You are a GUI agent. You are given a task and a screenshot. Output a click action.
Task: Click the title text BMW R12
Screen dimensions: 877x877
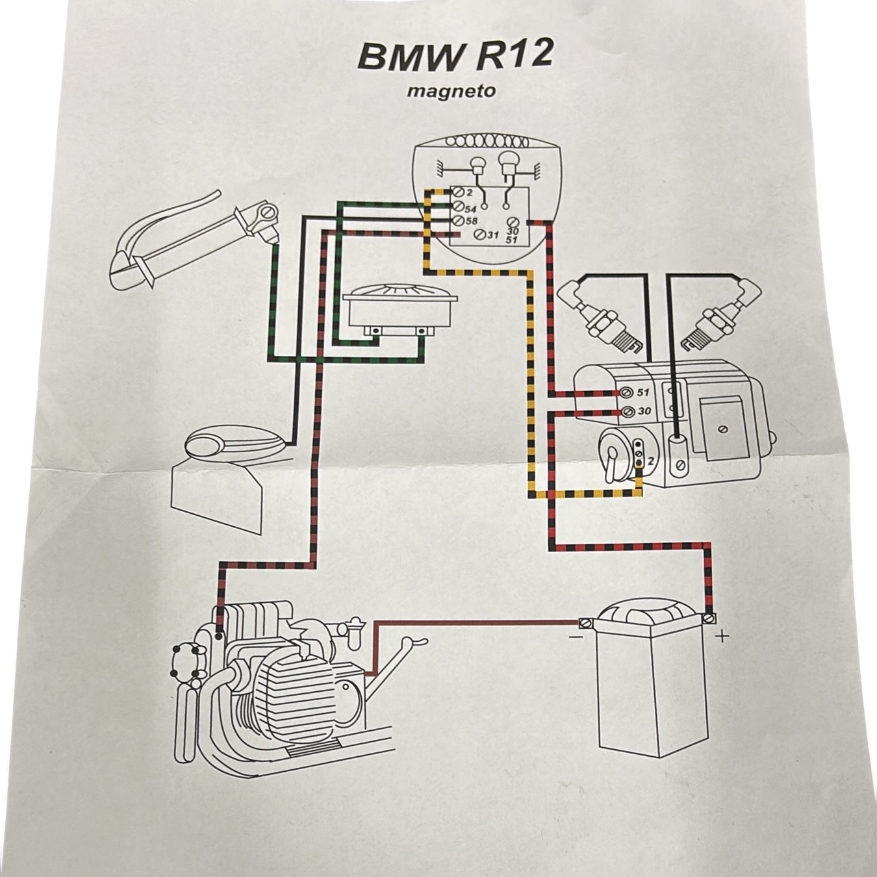pyautogui.click(x=455, y=57)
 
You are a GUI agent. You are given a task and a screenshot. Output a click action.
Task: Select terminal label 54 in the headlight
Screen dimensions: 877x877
pyautogui.click(x=470, y=209)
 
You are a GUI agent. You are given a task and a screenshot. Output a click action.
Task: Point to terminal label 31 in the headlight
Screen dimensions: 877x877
pyautogui.click(x=493, y=236)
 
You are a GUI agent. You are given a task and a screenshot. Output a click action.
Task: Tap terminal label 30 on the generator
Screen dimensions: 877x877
pyautogui.click(x=644, y=411)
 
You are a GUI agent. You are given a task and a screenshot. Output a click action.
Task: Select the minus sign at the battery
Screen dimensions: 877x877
pyautogui.click(x=574, y=636)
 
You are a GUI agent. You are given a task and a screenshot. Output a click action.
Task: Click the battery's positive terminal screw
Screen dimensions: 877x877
pyautogui.click(x=709, y=618)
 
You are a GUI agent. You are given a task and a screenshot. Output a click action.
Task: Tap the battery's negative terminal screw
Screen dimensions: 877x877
pyautogui.click(x=585, y=622)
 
